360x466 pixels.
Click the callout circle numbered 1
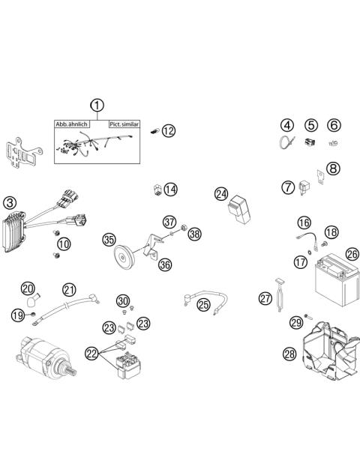[x=97, y=106]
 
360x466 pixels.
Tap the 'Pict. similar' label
[x=124, y=124]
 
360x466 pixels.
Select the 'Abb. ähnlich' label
[x=71, y=124]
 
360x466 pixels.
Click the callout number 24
[x=221, y=194]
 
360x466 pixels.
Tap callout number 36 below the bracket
[x=165, y=264]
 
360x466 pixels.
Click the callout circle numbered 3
[x=10, y=203]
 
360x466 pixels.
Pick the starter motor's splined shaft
[x=70, y=370]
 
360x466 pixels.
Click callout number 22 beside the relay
[x=92, y=354]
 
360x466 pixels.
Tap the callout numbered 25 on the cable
[x=204, y=305]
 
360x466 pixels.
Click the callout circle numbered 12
[x=169, y=130]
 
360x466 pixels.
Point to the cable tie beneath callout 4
[x=286, y=142]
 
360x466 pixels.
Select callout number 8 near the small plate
[x=333, y=169]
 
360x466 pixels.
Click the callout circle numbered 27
[x=265, y=298]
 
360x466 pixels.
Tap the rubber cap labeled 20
[x=33, y=300]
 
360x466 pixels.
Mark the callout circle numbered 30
[x=123, y=300]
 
